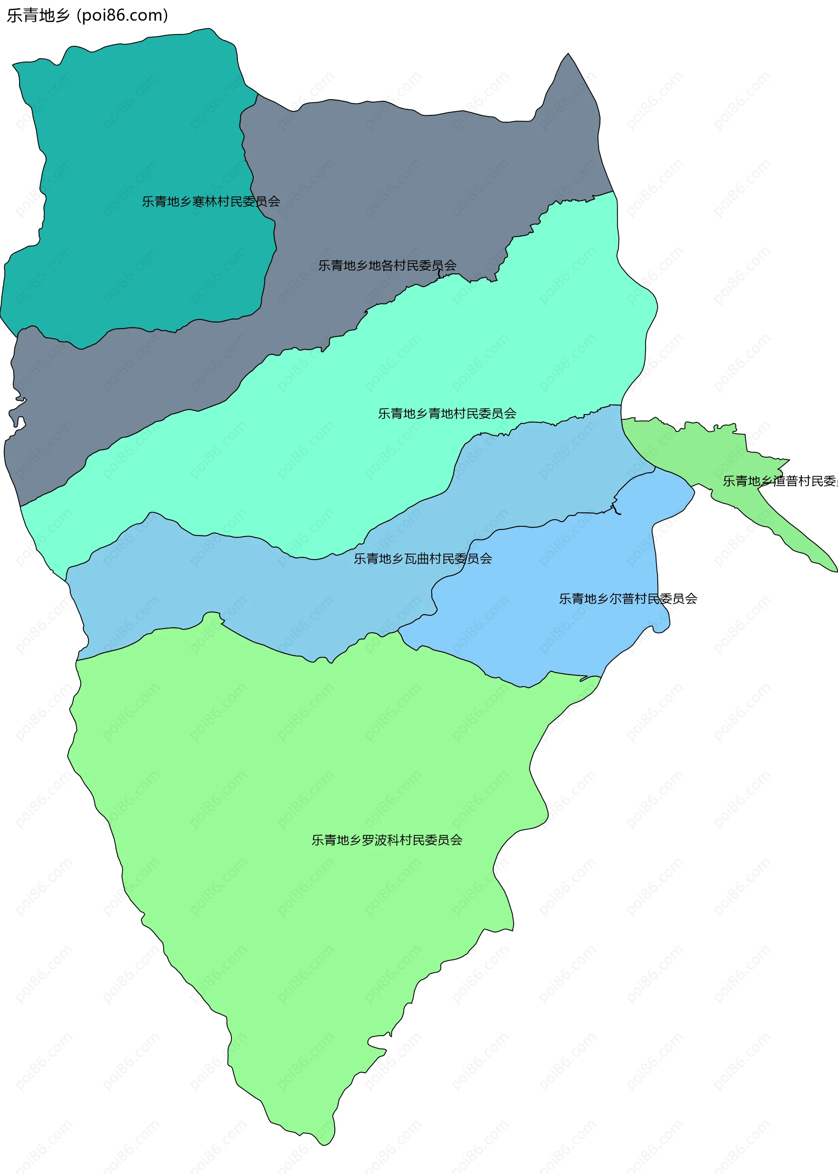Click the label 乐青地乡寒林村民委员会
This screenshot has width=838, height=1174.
point(211,201)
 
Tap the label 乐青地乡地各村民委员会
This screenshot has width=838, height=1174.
point(387,266)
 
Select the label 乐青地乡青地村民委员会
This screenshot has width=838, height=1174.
point(447,414)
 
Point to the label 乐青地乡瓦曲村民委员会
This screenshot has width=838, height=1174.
point(422,559)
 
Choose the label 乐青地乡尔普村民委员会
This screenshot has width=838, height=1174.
point(628,599)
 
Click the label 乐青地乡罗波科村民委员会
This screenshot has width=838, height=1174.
point(387,840)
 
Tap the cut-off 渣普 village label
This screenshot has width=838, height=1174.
point(780,481)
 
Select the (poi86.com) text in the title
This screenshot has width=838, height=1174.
point(122,15)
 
